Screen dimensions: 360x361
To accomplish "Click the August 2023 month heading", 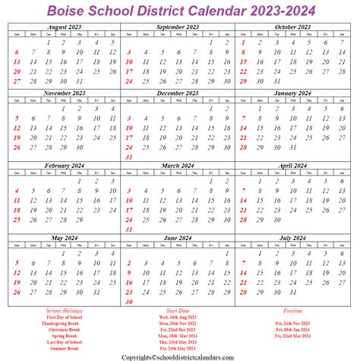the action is [64, 27].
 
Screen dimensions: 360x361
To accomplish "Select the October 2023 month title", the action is [293, 27].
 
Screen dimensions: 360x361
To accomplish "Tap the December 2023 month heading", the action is [178, 93].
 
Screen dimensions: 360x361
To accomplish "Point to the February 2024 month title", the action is [64, 165].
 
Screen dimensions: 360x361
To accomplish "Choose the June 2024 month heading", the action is [178, 237].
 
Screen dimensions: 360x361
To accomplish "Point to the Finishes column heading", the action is [292, 310].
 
